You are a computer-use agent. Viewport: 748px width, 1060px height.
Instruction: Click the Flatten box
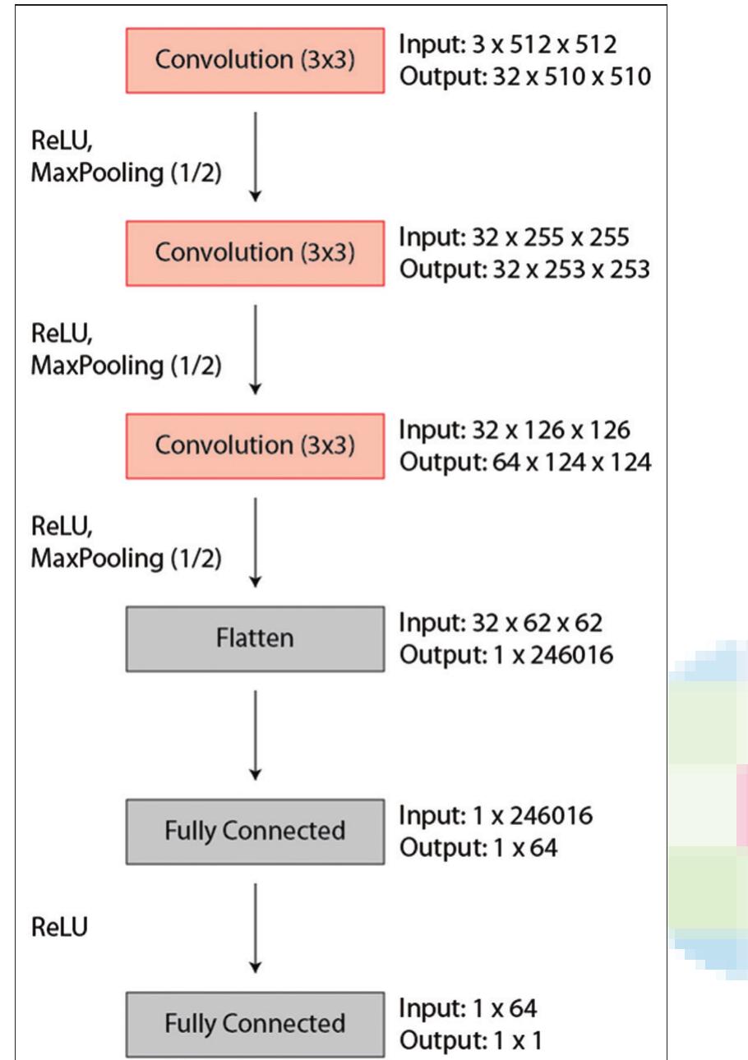pyautogui.click(x=255, y=638)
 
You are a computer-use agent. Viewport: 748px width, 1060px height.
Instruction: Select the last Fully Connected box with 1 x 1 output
pyautogui.click(x=255, y=1024)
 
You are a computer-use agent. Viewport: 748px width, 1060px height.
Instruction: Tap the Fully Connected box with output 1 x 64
pyautogui.click(x=255, y=831)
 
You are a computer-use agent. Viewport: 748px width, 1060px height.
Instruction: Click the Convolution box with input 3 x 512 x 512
pyautogui.click(x=255, y=60)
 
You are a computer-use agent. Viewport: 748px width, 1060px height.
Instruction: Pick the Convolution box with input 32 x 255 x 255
pyautogui.click(x=255, y=253)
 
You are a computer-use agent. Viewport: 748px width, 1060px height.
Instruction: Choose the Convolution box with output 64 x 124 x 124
pyautogui.click(x=255, y=445)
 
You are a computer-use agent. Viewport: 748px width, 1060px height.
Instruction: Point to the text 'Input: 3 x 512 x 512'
pyautogui.click(x=507, y=45)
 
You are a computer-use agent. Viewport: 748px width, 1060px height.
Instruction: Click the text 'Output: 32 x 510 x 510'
pyautogui.click(x=525, y=76)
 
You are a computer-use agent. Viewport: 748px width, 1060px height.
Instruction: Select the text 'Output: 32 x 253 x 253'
pyautogui.click(x=524, y=270)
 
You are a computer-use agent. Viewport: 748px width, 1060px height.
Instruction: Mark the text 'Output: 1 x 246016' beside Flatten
pyautogui.click(x=506, y=656)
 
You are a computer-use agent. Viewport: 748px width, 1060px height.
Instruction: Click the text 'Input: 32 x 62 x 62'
pyautogui.click(x=501, y=623)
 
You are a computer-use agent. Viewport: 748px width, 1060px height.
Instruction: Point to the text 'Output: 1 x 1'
pyautogui.click(x=471, y=1040)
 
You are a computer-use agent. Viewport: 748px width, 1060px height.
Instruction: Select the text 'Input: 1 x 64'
pyautogui.click(x=469, y=1008)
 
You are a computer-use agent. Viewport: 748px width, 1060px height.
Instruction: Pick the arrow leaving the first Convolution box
pyautogui.click(x=256, y=156)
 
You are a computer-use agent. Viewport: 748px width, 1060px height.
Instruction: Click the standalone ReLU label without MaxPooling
pyautogui.click(x=59, y=927)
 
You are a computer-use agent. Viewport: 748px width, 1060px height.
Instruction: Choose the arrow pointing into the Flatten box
pyautogui.click(x=256, y=542)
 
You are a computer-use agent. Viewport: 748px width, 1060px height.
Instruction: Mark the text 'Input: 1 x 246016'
pyautogui.click(x=496, y=816)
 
